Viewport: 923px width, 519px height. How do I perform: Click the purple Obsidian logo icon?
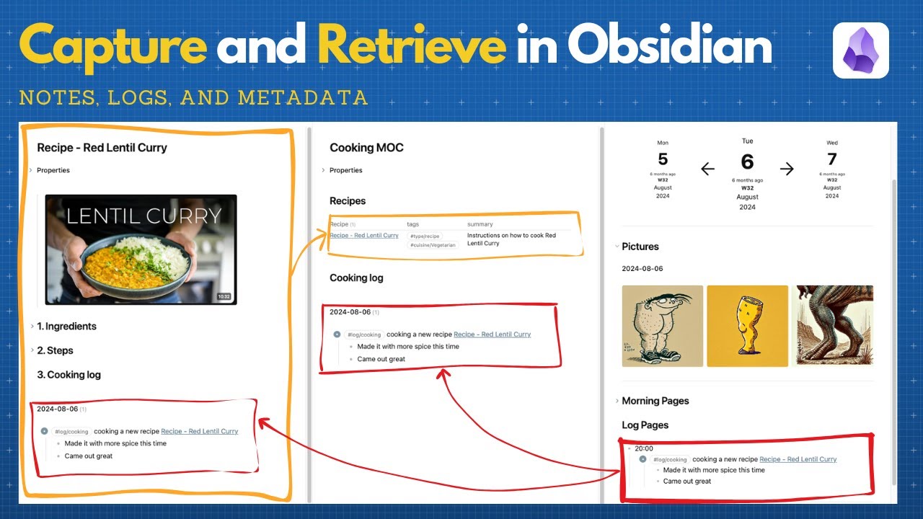pos(860,50)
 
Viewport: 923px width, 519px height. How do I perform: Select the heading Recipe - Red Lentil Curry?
pos(102,148)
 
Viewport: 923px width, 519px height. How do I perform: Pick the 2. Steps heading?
pos(55,350)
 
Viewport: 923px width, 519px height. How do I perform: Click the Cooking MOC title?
pos(366,148)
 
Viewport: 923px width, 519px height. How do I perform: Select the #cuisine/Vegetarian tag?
pos(433,246)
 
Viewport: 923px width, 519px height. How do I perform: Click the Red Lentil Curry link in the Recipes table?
pos(364,236)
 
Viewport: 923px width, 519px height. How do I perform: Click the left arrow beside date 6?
pos(707,169)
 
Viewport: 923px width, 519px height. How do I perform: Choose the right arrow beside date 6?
pos(787,169)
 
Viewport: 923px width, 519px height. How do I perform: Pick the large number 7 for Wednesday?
pos(832,159)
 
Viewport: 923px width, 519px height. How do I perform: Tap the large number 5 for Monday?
pos(663,159)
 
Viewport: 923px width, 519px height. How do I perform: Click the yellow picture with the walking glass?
pos(747,326)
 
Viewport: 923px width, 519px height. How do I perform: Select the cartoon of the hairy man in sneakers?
pos(663,326)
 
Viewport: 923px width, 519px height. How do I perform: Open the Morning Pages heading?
pos(655,401)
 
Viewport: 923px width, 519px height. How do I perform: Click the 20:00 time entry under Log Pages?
pos(644,448)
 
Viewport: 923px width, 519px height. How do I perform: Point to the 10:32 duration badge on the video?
pos(224,296)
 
